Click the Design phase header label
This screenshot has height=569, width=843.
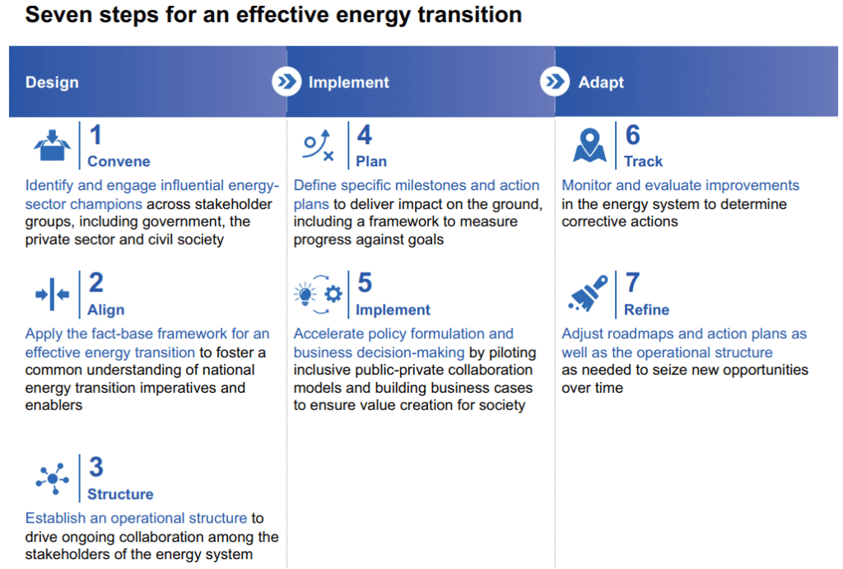pos(52,82)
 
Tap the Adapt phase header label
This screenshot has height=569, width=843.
pos(600,82)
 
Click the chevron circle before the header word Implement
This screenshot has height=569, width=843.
pos(286,82)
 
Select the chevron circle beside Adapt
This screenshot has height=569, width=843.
pos(555,82)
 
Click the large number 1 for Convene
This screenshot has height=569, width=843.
pos(95,135)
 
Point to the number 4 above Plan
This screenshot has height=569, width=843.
pos(365,135)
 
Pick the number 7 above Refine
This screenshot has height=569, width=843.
pos(633,283)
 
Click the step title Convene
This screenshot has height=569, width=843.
pos(119,161)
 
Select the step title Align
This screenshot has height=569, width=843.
pos(106,310)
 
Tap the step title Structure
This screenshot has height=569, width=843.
pos(120,494)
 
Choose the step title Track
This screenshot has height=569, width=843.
pos(644,161)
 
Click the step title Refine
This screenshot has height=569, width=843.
pos(647,310)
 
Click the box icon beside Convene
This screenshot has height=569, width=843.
pos(52,145)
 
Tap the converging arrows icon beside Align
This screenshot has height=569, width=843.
pos(52,294)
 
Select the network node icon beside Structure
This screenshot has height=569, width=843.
pos(52,478)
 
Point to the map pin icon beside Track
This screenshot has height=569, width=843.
pos(589,145)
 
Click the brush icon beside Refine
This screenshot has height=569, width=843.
pos(588,293)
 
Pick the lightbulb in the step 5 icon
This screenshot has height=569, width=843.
pos(305,294)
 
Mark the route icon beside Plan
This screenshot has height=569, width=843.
pos(319,145)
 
